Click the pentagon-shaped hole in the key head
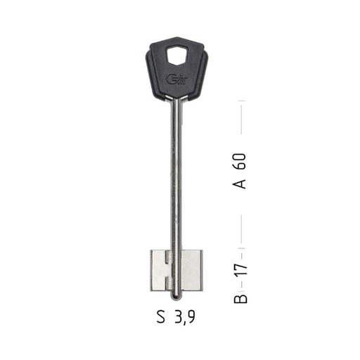[177, 55]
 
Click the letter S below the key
[161, 317]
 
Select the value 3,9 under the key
[185, 318]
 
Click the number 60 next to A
[239, 161]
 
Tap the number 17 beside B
[240, 270]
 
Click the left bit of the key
[160, 271]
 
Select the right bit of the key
[192, 271]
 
